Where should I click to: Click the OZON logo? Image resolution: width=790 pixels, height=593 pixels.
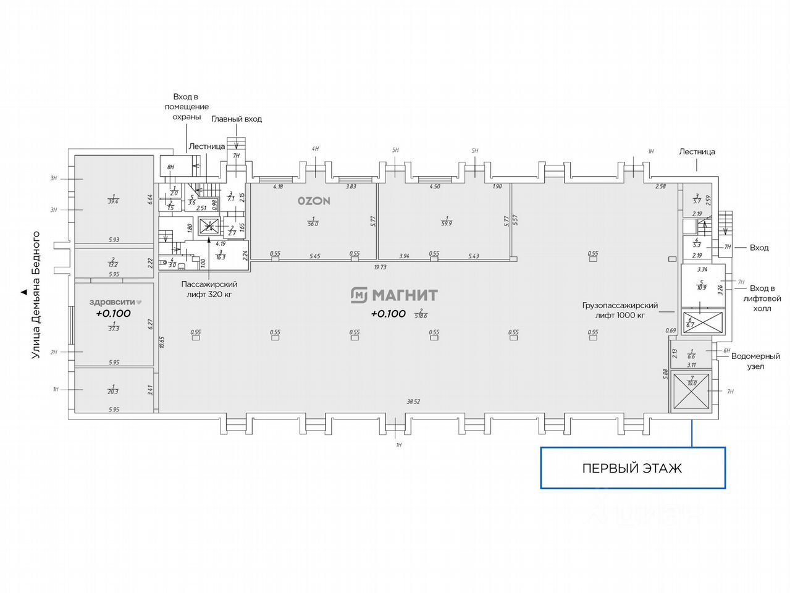pos(314,201)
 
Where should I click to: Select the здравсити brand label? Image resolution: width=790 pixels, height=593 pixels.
pos(116,302)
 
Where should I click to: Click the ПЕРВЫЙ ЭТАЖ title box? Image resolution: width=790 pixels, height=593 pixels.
pos(632,468)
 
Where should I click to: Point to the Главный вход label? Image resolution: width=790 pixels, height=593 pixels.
pos(237,119)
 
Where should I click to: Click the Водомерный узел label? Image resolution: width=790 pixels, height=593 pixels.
pos(755,361)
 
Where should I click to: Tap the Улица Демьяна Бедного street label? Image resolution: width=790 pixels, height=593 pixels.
pos(36,294)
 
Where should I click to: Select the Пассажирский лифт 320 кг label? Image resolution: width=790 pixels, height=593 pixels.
pos(209,289)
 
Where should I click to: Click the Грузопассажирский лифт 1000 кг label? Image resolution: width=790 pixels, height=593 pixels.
pos(620,310)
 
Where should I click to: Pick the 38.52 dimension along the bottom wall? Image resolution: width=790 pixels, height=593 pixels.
pos(413,402)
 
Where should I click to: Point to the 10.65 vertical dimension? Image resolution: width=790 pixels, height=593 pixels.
pos(161,343)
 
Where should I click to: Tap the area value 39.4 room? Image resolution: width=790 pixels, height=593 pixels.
pos(114,199)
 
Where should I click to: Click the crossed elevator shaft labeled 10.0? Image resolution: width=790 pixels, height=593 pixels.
pos(691,392)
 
